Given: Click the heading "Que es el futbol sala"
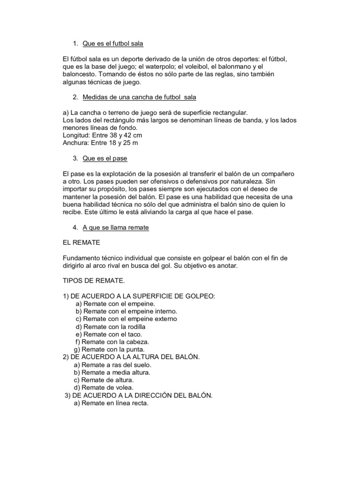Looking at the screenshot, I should coord(112,44).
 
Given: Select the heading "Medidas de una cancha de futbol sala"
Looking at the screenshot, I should coord(139,97).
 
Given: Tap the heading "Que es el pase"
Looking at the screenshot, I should coord(105,158).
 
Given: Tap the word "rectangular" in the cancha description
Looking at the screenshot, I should coord(227,112).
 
